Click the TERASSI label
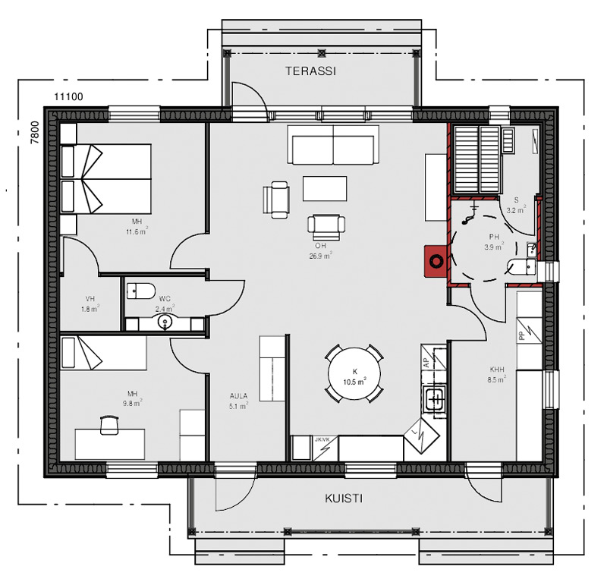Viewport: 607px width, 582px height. (310, 71)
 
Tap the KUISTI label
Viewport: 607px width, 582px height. (344, 499)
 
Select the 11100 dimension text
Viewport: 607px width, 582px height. (68, 96)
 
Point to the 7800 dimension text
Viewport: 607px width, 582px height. (35, 133)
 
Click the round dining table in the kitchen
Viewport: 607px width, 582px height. (354, 373)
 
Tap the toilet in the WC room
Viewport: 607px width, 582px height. (141, 291)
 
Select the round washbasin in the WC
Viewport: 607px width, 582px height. (165, 321)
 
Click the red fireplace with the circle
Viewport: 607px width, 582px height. (436, 261)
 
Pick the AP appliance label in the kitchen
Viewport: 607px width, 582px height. (426, 363)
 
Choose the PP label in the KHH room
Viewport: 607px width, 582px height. (521, 335)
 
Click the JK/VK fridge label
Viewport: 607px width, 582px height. (322, 439)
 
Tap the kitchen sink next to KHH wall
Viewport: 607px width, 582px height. (435, 398)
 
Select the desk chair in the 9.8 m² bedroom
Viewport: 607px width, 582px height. (109, 425)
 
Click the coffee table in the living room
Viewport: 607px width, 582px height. (325, 189)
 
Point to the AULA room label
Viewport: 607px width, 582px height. (238, 396)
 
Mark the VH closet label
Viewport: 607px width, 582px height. (90, 298)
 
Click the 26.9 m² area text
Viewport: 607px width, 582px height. (320, 255)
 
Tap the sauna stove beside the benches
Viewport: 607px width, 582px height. (508, 140)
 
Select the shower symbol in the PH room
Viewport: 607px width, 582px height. (470, 214)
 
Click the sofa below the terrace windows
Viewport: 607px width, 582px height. (333, 145)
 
